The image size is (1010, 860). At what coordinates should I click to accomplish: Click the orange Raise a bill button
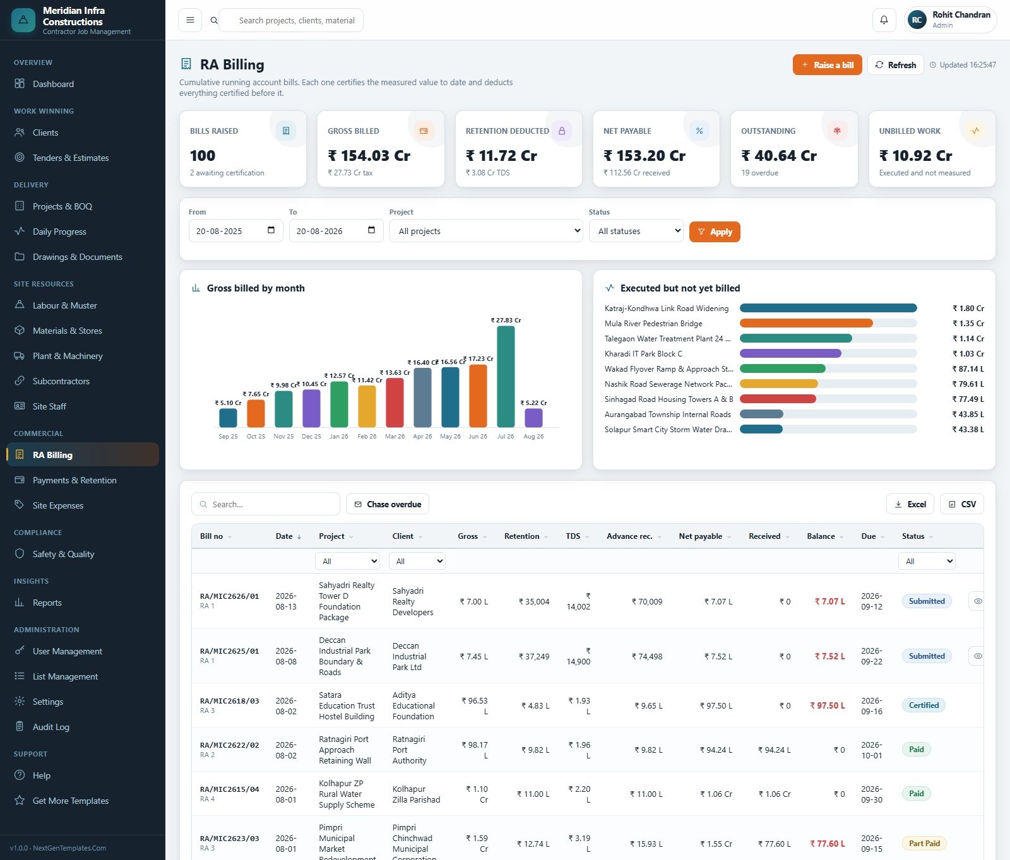(827, 65)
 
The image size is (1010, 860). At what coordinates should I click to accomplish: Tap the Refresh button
(895, 65)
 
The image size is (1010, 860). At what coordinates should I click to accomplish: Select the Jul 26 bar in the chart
(506, 377)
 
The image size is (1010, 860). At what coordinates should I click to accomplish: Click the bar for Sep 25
(228, 418)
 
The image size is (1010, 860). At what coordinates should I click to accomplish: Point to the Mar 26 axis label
(395, 437)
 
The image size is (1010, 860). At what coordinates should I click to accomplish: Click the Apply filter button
(715, 232)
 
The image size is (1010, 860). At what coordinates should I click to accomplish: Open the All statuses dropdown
(636, 231)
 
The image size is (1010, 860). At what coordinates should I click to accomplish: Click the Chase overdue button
(388, 504)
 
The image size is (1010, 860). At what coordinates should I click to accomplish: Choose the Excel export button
(910, 504)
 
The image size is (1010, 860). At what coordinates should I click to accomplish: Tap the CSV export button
(962, 504)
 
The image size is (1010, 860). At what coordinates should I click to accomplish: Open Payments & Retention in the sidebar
(74, 480)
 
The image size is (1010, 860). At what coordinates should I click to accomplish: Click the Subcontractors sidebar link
(61, 381)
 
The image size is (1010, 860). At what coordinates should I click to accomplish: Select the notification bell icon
(884, 20)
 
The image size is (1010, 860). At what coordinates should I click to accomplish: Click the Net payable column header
(700, 536)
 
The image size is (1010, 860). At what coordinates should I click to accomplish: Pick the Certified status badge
(924, 705)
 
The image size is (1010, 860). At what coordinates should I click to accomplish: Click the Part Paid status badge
(924, 844)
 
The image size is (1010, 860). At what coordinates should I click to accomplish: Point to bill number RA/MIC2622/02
(229, 745)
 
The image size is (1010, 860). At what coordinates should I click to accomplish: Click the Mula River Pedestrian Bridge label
(653, 324)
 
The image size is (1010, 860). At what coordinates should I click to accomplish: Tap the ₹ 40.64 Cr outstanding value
(779, 156)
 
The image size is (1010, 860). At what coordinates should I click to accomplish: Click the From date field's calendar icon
(271, 230)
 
